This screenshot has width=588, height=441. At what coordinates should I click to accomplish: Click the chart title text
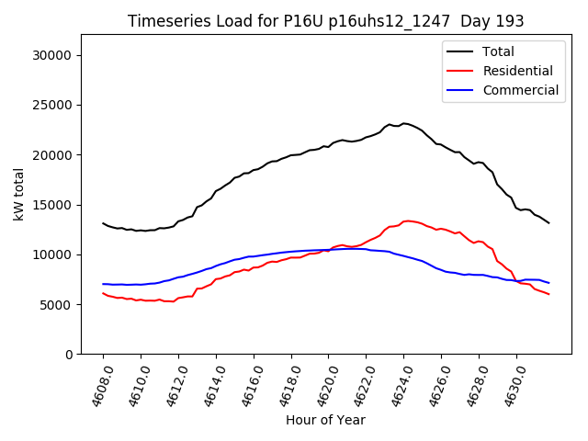coord(325,21)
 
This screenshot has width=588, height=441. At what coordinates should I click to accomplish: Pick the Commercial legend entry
coord(521,90)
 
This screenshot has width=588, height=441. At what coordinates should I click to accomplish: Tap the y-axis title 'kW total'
coord(18,194)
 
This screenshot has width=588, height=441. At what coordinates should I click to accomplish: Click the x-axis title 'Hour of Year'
coord(325,420)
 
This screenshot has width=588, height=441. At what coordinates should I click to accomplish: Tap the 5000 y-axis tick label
coord(58,304)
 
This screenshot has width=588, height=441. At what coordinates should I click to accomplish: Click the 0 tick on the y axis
coord(69,354)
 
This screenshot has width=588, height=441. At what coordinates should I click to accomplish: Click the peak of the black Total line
coord(404,123)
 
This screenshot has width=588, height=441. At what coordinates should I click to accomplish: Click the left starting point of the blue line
coord(103,284)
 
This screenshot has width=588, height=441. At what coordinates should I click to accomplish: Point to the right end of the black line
coord(548,223)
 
